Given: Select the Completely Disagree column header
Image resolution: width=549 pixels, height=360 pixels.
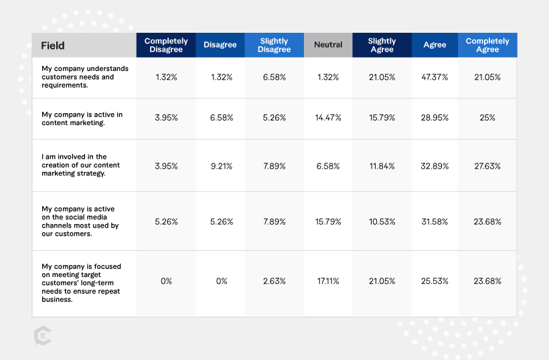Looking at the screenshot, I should [166, 46].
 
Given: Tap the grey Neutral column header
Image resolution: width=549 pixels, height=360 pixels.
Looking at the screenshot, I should [327, 46].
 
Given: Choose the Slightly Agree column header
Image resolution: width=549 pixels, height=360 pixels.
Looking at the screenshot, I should [382, 46].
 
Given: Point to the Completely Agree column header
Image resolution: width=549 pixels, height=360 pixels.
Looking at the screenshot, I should [487, 46].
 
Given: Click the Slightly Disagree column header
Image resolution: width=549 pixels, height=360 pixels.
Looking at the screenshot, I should [274, 46].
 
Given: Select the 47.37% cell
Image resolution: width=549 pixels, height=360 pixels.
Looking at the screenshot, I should [435, 77].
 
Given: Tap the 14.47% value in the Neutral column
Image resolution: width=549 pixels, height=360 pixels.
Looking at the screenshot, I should [328, 118].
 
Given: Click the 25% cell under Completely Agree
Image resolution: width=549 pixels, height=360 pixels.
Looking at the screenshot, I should [487, 118].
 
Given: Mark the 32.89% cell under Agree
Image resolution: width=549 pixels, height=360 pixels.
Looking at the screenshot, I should [435, 166].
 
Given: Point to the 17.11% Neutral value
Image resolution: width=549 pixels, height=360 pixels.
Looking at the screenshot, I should [328, 281].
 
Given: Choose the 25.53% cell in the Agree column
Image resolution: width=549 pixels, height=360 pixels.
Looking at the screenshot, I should [435, 281].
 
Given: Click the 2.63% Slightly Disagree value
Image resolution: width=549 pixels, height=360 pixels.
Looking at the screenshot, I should [274, 281].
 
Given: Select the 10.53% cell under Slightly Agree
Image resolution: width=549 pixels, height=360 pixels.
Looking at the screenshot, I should [382, 221].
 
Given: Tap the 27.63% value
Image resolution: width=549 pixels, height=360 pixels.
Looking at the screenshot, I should [487, 166].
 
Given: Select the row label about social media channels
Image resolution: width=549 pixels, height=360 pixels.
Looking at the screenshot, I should [80, 221].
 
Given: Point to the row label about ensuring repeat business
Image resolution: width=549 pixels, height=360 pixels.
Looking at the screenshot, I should [81, 282].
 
